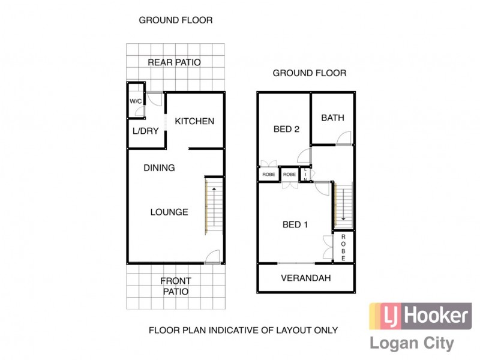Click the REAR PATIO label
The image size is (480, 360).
click(x=174, y=62)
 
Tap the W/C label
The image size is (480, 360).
click(x=136, y=101)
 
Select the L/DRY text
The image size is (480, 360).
click(x=145, y=131)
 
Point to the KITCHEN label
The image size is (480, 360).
click(x=194, y=121)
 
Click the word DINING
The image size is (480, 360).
click(x=159, y=168)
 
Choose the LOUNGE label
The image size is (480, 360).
click(x=169, y=212)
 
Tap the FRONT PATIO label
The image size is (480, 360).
click(x=175, y=286)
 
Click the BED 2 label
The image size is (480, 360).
click(x=286, y=129)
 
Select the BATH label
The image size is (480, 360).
click(x=332, y=118)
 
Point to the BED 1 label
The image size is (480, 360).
click(x=295, y=225)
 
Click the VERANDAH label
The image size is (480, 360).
click(x=306, y=278)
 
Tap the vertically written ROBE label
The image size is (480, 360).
click(x=344, y=247)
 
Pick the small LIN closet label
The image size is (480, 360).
click(x=305, y=175)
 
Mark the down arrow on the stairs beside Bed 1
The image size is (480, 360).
click(x=343, y=217)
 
